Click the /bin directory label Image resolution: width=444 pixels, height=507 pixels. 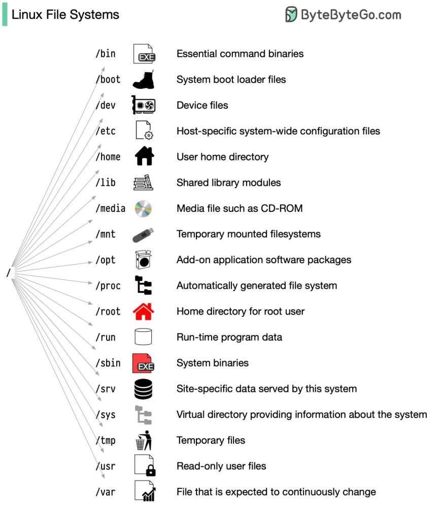(106, 54)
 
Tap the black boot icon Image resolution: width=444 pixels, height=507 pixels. (143, 80)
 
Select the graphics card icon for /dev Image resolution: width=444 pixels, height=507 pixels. (143, 105)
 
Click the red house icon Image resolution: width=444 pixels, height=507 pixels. (143, 311)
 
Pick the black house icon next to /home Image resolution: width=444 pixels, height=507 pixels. (144, 157)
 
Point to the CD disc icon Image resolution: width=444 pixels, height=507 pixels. (143, 208)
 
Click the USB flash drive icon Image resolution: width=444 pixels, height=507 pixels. (143, 234)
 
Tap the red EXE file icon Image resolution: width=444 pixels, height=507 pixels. (143, 363)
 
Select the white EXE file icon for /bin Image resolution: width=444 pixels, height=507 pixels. (143, 54)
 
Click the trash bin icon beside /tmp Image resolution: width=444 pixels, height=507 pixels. (143, 440)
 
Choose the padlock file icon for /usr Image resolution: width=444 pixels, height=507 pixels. (144, 466)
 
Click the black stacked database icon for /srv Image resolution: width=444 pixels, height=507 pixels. (143, 389)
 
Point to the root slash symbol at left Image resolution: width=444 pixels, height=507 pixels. (8, 273)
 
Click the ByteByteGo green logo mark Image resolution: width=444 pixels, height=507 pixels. (291, 15)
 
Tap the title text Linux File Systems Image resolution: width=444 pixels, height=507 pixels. (65, 15)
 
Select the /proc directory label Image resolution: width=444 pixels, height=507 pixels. (108, 286)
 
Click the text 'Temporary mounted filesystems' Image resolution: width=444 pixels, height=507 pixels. (248, 234)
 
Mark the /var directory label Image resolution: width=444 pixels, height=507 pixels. (106, 492)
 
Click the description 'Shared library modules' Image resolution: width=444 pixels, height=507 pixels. (228, 183)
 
